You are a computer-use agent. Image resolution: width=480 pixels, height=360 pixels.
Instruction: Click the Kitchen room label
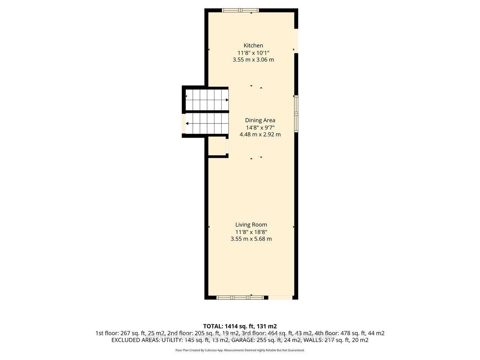coord(253,45)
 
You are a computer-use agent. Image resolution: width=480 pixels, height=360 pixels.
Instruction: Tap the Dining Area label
coord(260,120)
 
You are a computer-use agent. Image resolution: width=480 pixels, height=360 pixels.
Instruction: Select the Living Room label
coord(251,225)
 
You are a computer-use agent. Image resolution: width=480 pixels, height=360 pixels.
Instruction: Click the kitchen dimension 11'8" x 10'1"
coord(253,52)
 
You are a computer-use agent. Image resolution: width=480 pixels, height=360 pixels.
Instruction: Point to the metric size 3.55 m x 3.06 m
coord(253,60)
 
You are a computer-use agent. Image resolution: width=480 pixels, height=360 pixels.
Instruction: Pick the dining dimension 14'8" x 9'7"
coord(260,127)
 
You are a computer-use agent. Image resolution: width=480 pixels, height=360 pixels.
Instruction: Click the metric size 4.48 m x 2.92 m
coord(260,134)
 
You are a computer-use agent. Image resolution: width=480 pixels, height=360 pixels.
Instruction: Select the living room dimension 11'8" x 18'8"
coord(251,232)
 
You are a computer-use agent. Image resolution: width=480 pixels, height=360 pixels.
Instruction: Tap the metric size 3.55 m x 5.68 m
coord(251,239)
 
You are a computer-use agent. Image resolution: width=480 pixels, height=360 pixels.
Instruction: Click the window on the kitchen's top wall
coord(240,10)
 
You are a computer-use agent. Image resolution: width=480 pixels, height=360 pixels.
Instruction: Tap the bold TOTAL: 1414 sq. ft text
coord(240,326)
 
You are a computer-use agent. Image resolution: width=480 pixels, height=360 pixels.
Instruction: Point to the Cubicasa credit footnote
coord(240,350)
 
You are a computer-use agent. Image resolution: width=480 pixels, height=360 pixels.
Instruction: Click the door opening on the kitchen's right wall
coord(296,41)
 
